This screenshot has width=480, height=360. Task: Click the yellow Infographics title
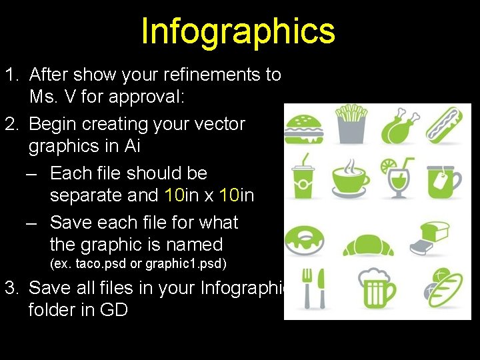[238, 31]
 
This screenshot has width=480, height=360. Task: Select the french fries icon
[351, 124]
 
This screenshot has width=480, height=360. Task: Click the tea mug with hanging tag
[445, 177]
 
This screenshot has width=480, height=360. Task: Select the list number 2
[11, 124]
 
